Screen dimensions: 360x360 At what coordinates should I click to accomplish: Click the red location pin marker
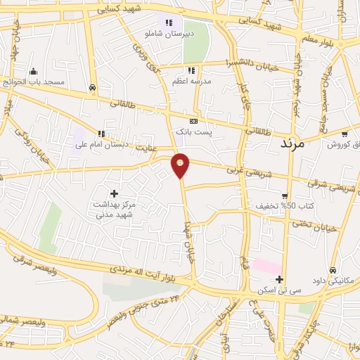(x=181, y=165)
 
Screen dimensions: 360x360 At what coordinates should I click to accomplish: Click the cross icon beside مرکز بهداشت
(x=113, y=192)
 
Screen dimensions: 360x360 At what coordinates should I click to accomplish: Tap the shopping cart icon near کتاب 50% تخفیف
(x=285, y=196)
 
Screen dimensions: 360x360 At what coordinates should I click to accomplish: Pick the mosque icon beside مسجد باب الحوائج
(x=33, y=71)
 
